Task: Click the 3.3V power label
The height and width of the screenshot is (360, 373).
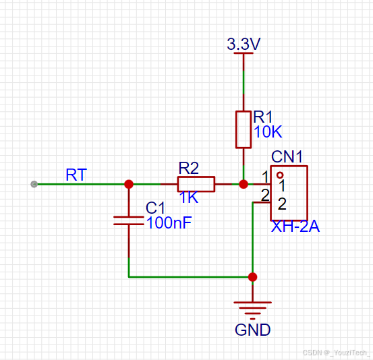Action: coord(243,44)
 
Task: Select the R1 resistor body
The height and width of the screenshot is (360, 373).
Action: coord(243,129)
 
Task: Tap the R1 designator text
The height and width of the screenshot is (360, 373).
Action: coord(263,117)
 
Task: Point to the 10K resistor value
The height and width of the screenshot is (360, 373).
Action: coord(268,131)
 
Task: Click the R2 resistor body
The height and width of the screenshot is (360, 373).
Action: coord(196,184)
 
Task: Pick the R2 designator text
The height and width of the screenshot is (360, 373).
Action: coord(189,168)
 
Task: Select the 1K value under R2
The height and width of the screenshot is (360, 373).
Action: coord(189,197)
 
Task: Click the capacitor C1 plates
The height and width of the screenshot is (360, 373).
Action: coord(129,220)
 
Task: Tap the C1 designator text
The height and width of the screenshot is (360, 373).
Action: coord(155,208)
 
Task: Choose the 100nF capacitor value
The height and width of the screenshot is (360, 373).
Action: coord(169,222)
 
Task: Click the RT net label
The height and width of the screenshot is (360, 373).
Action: coord(76,175)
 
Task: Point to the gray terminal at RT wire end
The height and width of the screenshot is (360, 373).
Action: coord(34,184)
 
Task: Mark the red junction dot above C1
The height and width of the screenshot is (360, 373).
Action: coord(129,184)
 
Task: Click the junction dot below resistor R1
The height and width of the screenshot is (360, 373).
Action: coord(243,184)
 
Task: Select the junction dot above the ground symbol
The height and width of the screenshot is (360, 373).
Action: coord(252,277)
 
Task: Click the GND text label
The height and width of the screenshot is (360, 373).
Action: coord(253,330)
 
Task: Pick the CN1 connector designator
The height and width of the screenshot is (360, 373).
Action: coord(287,156)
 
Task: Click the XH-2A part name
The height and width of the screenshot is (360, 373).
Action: coord(295,226)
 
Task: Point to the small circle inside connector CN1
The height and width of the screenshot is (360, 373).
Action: coord(280,175)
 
